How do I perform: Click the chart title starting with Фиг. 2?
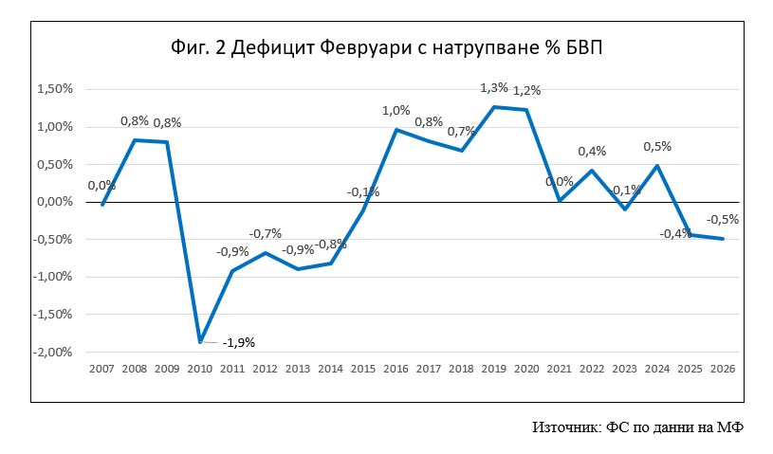point(386,45)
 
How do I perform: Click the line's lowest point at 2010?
point(200,341)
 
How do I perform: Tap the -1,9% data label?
point(239,342)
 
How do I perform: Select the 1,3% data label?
point(494,88)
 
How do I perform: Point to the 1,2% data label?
point(526,91)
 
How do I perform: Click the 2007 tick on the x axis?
point(101,369)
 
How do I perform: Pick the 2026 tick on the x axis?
point(723,369)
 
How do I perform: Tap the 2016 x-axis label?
point(396,369)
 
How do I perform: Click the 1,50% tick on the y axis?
point(54,89)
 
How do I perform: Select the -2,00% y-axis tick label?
point(52,352)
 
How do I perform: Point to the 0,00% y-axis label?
point(54,202)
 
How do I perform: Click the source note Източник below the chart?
point(637,427)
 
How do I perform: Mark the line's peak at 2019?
point(494,107)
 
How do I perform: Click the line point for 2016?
point(396,130)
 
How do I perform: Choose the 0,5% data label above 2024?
point(657,147)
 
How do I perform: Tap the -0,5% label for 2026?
point(724,220)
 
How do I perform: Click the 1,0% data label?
point(396,111)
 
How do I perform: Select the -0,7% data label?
point(266,234)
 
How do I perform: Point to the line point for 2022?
point(592,171)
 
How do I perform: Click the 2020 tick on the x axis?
point(526,369)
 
